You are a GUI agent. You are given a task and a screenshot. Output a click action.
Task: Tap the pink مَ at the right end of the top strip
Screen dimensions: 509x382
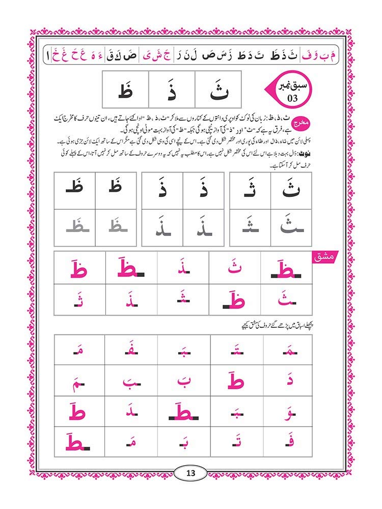(335, 52)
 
